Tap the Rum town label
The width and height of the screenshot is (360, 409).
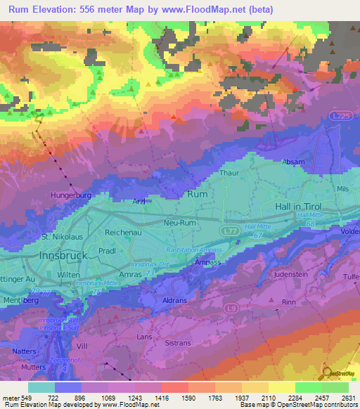196,193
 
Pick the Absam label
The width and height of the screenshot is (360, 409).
293,162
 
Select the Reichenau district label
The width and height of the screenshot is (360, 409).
124,231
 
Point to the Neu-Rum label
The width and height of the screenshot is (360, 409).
179,221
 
